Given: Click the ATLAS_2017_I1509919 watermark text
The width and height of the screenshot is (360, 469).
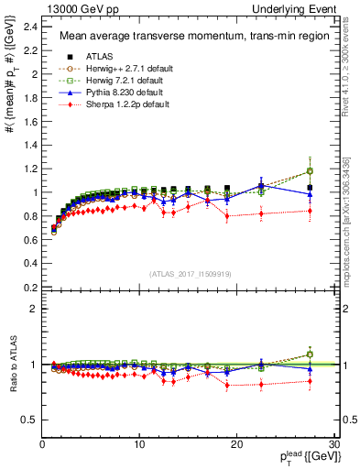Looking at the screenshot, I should (x=189, y=273).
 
